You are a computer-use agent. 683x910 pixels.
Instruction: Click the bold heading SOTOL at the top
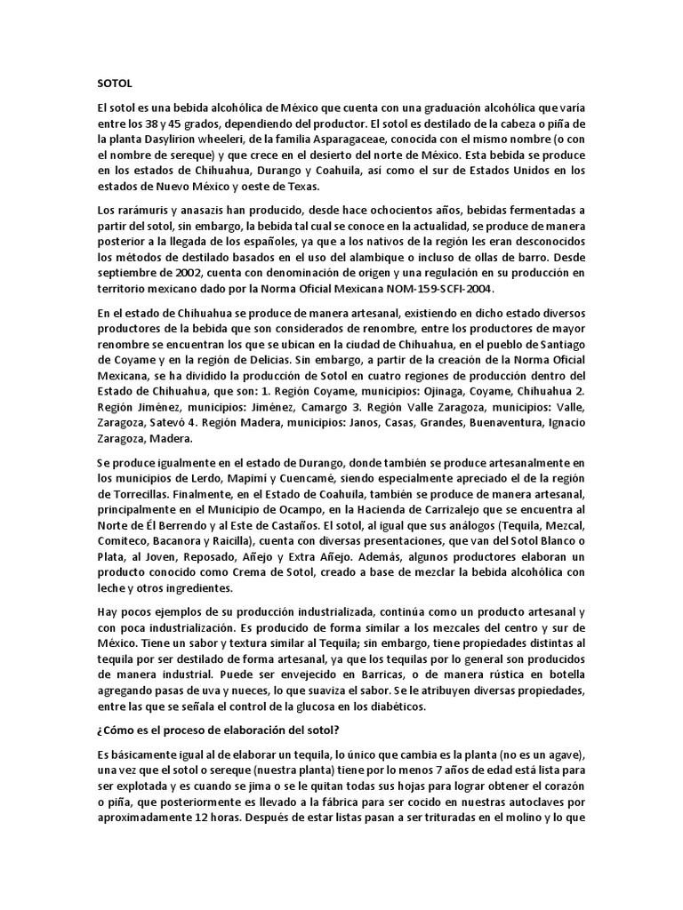[x=114, y=84]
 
